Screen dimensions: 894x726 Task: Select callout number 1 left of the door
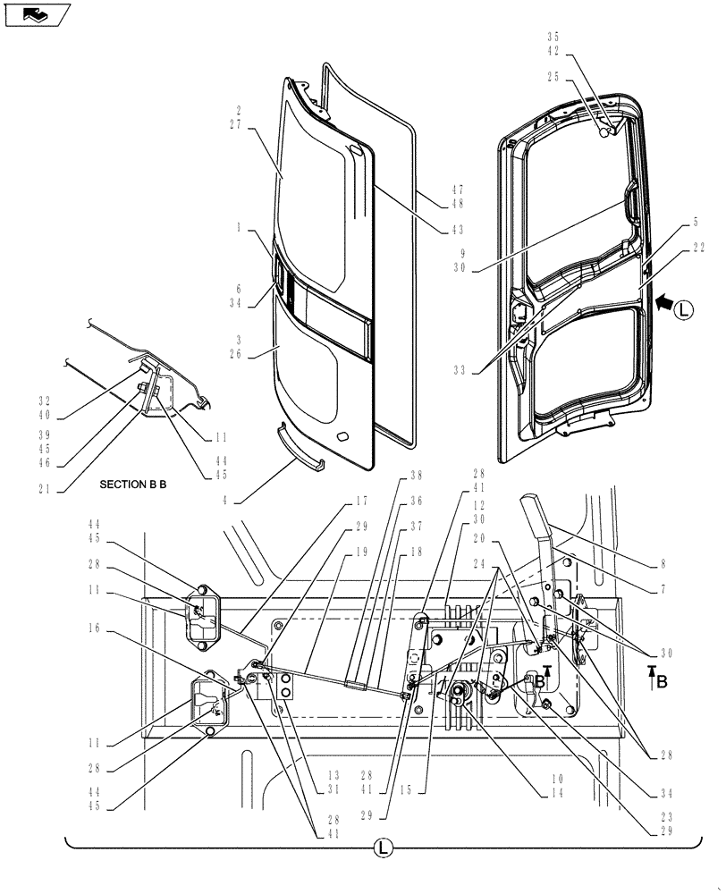tap(240, 228)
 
